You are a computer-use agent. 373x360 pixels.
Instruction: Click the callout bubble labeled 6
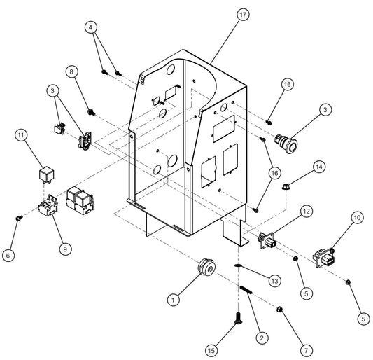[x=8, y=256]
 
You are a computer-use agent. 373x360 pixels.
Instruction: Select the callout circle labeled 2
[x=261, y=338]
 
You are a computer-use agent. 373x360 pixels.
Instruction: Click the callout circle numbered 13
[x=275, y=280]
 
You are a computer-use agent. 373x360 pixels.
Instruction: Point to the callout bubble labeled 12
[x=306, y=211]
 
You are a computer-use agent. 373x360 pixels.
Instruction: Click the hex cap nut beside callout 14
[x=286, y=187]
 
